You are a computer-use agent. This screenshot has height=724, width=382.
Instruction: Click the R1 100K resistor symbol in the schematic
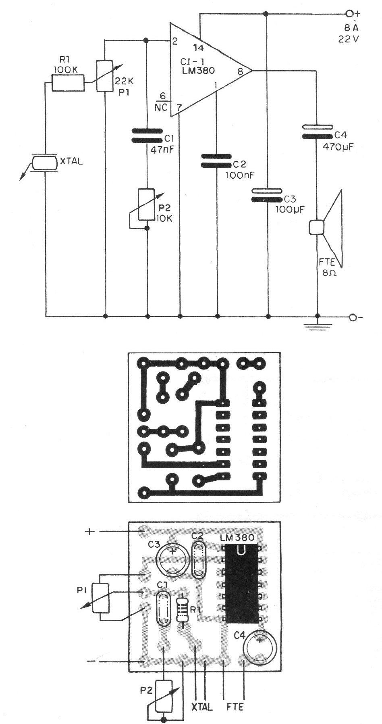point(69,85)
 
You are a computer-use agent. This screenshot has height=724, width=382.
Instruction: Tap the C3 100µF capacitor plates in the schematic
point(267,195)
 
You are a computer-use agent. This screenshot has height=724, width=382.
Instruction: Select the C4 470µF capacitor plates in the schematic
point(318,132)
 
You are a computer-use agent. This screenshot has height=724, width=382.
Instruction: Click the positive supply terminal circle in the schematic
point(349,14)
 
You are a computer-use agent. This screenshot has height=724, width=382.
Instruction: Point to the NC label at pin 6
point(161,107)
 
